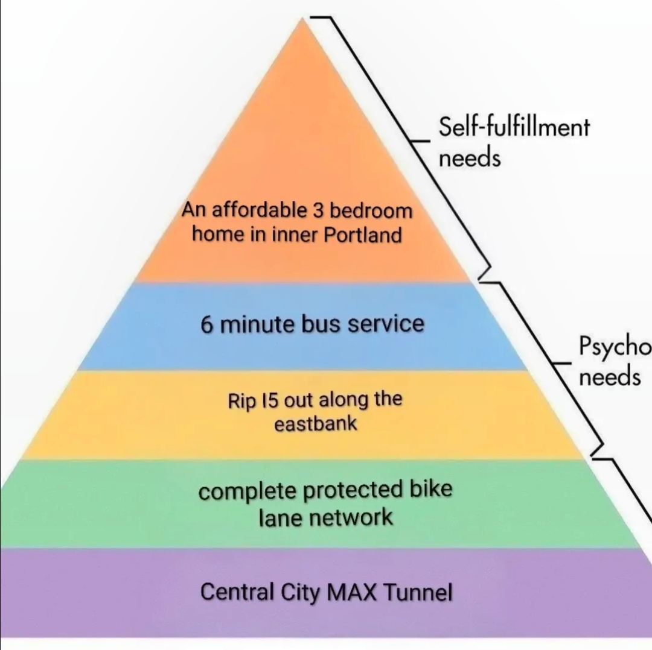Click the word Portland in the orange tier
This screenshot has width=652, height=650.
[x=363, y=235]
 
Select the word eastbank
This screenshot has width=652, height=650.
[x=316, y=424]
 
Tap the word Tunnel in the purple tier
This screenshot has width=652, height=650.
[x=418, y=592]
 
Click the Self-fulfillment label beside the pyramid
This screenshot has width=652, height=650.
[x=513, y=128]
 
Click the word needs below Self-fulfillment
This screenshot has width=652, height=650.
[x=470, y=159]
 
